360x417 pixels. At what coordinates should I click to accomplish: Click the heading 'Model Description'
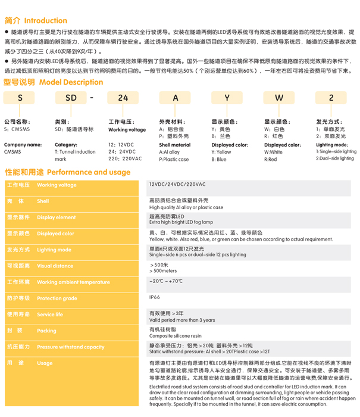(x=70, y=83)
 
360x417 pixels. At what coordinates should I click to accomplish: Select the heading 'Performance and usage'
(x=87, y=172)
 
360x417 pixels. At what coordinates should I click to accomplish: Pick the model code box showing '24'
(x=123, y=98)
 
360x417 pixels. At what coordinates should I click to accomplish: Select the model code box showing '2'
(x=331, y=98)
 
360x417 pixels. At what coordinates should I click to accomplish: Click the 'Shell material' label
(x=175, y=145)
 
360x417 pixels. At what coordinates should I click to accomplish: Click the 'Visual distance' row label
(x=55, y=266)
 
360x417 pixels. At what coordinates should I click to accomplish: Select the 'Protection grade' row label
(x=57, y=298)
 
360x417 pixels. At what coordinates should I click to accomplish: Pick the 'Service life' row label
(x=50, y=315)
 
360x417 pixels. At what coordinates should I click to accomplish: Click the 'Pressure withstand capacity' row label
(x=70, y=347)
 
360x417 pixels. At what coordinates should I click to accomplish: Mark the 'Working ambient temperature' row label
(x=73, y=282)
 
